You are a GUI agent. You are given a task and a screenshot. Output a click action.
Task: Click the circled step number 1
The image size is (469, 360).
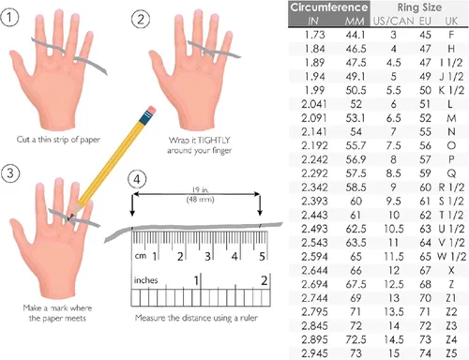pyautogui.click(x=9, y=17)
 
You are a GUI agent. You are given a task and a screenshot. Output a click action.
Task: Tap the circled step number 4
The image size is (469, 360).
pyautogui.click(x=137, y=180)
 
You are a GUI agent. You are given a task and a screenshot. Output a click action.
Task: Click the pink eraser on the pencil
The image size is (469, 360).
pyautogui.click(x=151, y=111)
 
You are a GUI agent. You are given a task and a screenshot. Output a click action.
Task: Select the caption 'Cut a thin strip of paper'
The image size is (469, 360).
pyautogui.click(x=58, y=140)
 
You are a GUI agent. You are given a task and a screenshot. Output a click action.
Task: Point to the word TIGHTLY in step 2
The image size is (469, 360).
pyautogui.click(x=214, y=140)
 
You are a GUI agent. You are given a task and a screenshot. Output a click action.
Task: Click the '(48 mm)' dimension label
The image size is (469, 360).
pyautogui.click(x=200, y=200)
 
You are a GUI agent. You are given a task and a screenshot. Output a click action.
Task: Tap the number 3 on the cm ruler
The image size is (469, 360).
pyautogui.click(x=207, y=257)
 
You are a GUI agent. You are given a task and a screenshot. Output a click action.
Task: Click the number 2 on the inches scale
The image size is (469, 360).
pyautogui.click(x=265, y=280)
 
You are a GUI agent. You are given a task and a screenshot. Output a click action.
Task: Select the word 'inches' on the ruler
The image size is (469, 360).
pyautogui.click(x=145, y=280)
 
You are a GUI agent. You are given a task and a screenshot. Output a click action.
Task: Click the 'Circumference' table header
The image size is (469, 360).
pyautogui.click(x=329, y=7)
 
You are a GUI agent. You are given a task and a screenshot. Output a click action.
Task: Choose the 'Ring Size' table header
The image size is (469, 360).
pyautogui.click(x=419, y=7)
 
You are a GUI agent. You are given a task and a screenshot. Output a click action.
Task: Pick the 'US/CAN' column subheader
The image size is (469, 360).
pyautogui.click(x=394, y=22)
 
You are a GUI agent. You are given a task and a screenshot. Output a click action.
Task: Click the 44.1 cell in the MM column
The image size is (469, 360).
pyautogui.click(x=356, y=35)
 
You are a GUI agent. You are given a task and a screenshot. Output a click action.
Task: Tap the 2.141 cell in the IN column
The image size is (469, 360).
pyautogui.click(x=314, y=132)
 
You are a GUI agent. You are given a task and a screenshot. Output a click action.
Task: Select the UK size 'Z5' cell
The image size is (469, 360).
pyautogui.click(x=451, y=353)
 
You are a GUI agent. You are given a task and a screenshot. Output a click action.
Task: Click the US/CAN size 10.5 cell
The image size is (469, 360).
pyautogui.click(x=394, y=229)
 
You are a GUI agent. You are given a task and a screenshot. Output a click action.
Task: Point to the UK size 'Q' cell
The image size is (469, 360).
pyautogui.click(x=451, y=173)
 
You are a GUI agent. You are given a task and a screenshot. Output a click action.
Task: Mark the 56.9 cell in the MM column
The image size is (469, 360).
pyautogui.click(x=356, y=159)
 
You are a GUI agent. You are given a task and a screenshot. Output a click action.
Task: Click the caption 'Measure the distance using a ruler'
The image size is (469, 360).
pyautogui.click(x=196, y=318)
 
